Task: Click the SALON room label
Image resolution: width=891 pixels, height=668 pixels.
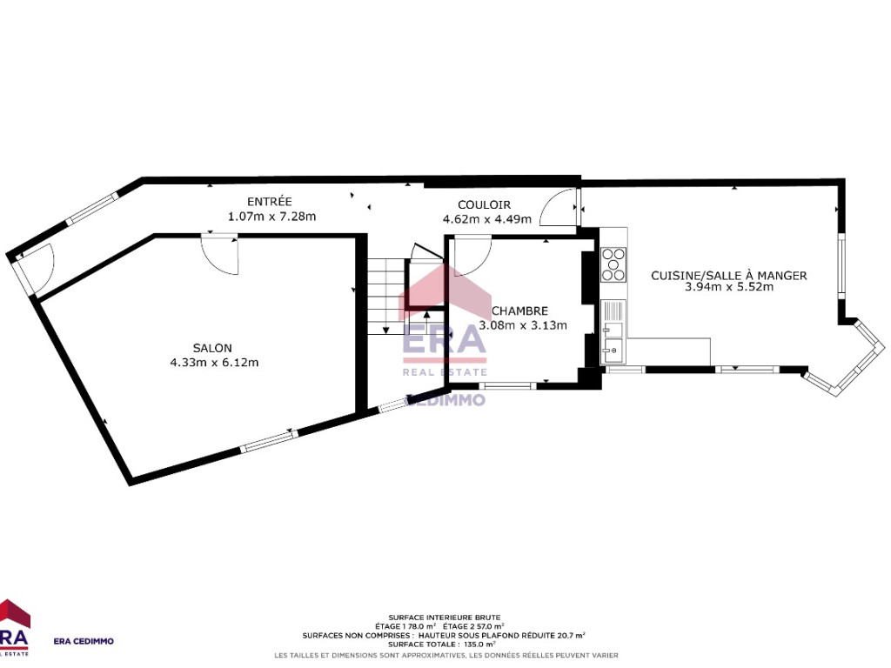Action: click(212, 348)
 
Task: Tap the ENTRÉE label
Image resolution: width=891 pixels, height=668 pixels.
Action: click(270, 202)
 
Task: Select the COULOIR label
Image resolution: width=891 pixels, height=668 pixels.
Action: click(484, 205)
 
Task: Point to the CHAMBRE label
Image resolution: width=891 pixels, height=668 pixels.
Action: click(519, 311)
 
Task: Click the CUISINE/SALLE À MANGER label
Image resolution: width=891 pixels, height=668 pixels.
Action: click(728, 276)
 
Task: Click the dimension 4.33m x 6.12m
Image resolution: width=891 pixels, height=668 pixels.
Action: click(214, 363)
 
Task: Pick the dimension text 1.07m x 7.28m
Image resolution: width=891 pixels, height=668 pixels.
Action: click(271, 217)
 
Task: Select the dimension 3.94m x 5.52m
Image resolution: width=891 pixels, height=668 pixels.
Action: click(729, 287)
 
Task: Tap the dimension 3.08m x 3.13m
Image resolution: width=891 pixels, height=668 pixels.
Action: click(523, 325)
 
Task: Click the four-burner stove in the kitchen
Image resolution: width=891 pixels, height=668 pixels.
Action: click(613, 264)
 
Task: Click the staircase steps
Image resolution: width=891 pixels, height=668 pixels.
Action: click(386, 297)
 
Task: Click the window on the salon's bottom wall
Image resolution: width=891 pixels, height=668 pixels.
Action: click(269, 441)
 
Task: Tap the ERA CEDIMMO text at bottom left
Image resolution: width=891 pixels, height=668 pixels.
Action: click(84, 641)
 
